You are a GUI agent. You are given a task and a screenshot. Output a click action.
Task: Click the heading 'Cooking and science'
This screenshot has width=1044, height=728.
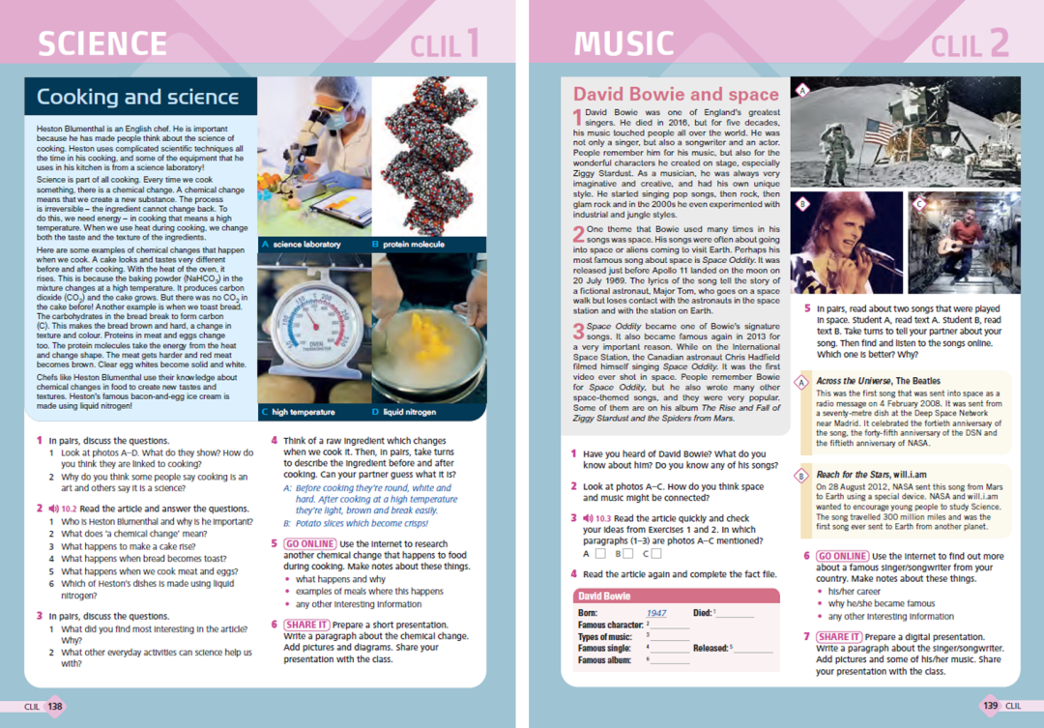click(137, 97)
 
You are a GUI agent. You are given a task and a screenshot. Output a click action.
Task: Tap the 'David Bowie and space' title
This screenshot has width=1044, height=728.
click(676, 95)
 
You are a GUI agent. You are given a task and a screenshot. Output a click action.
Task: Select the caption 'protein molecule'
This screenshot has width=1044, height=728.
click(414, 245)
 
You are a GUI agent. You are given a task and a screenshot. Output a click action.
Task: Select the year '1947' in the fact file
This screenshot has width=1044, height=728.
click(656, 613)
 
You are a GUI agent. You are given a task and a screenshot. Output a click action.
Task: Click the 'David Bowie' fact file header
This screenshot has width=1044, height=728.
click(604, 597)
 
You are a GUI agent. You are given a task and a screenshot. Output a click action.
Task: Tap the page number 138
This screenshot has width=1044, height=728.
click(54, 707)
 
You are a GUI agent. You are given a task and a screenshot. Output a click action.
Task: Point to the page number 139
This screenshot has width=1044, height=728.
click(991, 706)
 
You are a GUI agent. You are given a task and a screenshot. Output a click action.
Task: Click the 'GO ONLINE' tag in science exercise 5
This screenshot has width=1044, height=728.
click(309, 544)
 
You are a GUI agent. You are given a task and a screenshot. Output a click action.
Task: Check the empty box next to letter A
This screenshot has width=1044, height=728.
click(601, 554)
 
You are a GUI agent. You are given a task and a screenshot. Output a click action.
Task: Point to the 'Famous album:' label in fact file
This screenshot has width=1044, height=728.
click(606, 660)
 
